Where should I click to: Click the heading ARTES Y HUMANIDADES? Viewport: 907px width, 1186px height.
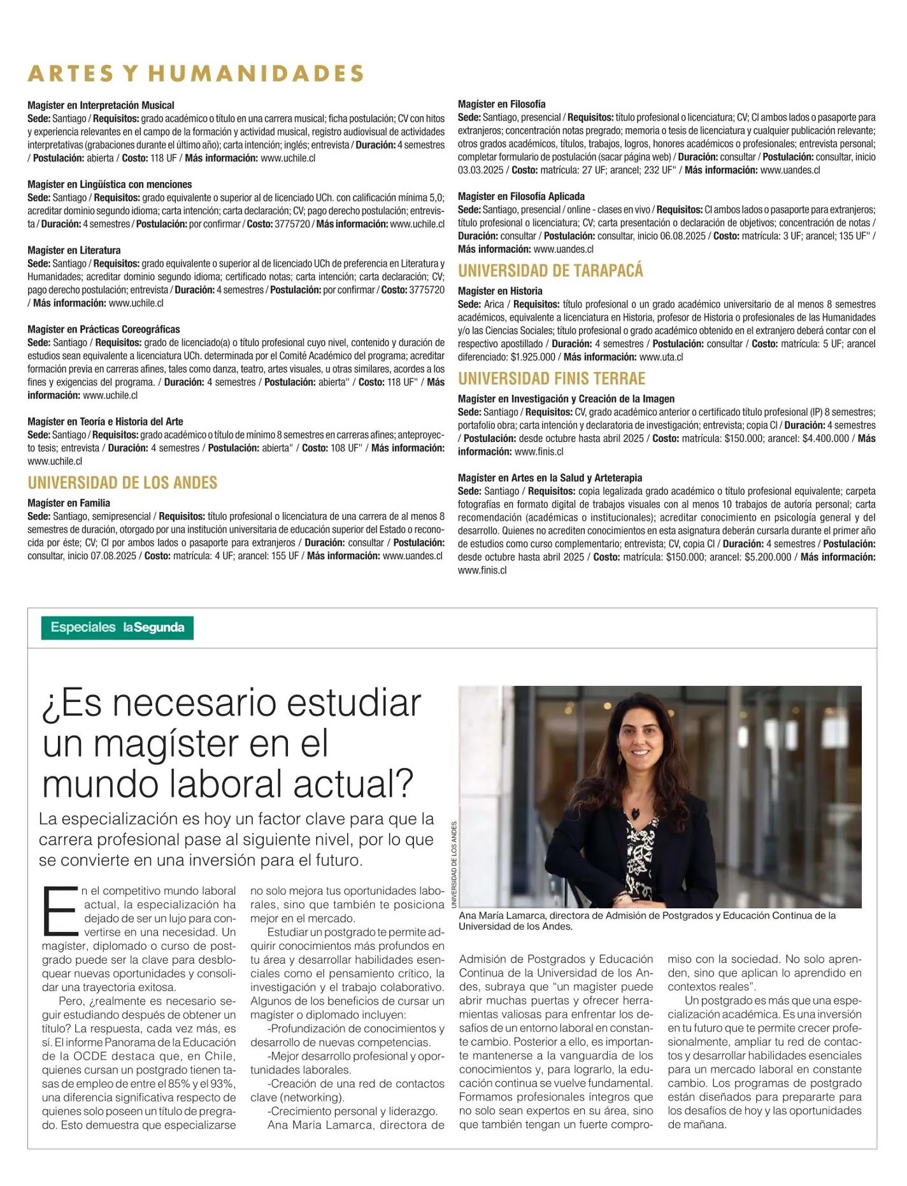coord(196,74)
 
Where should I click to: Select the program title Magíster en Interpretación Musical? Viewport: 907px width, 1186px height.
coord(101,106)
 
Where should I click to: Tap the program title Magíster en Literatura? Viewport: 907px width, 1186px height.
coord(74,250)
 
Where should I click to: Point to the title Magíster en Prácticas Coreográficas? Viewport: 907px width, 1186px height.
coord(103,329)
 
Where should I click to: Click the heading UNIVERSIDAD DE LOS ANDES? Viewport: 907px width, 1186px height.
coord(122,483)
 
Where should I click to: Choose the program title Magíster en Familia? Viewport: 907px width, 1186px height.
coord(69,503)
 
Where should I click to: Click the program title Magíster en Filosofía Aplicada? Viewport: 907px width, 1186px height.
coord(521,197)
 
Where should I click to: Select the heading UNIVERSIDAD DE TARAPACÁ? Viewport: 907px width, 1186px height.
coord(550,271)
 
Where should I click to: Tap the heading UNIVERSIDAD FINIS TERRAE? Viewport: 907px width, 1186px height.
coord(552,379)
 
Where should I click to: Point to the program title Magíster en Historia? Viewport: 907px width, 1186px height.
coord(500,291)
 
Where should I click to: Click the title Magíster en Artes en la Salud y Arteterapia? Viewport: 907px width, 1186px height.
coord(550,478)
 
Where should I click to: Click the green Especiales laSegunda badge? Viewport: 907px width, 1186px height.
coord(117,627)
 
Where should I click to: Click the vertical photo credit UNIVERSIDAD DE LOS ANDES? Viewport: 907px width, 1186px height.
coord(454,864)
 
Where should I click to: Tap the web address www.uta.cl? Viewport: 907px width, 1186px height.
coord(661,357)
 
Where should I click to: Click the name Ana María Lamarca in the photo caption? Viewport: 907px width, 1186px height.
coord(501,916)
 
